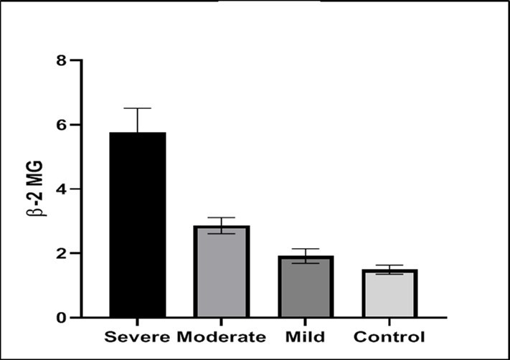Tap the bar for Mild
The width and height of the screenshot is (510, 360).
pyautogui.click(x=306, y=286)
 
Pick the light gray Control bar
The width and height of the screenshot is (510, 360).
pyautogui.click(x=389, y=293)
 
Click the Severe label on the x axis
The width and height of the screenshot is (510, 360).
pyautogui.click(x=136, y=337)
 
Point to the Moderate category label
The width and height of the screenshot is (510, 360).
pyautogui.click(x=221, y=337)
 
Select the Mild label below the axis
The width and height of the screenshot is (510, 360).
pyautogui.click(x=306, y=337)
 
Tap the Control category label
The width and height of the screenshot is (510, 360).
pyautogui.click(x=389, y=337)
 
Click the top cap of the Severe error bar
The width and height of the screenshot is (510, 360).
pyautogui.click(x=137, y=108)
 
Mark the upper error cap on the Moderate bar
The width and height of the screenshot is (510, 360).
pyautogui.click(x=222, y=217)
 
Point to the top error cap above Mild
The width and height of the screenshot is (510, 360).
pyautogui.click(x=306, y=249)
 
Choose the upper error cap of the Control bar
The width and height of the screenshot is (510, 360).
pyautogui.click(x=389, y=265)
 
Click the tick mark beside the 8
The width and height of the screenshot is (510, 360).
pyautogui.click(x=77, y=60)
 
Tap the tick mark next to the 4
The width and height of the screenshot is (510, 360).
pyautogui.click(x=77, y=189)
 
